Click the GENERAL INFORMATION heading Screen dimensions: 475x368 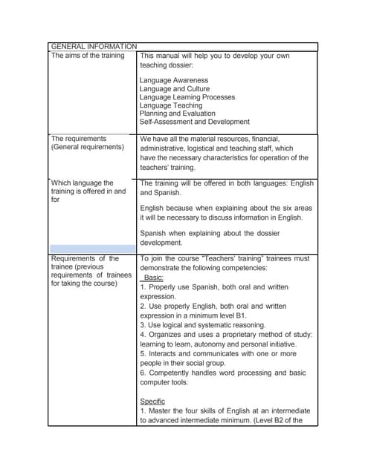point(93,46)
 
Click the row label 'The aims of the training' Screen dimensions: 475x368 point(89,56)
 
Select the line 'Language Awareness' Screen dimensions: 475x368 point(174,80)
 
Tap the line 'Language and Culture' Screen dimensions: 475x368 point(175,89)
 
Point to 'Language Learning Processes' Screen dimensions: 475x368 point(187,97)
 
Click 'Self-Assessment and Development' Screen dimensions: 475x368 point(195,122)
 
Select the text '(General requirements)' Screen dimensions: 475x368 point(87,147)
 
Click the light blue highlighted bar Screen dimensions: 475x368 point(93,248)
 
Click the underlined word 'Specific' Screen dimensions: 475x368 point(152,402)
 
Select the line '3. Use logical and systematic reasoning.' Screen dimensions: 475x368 point(203,325)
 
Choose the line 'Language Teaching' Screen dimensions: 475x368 point(171,105)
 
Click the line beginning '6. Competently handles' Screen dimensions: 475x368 point(222,373)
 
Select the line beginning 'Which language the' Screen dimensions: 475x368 point(82,183)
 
